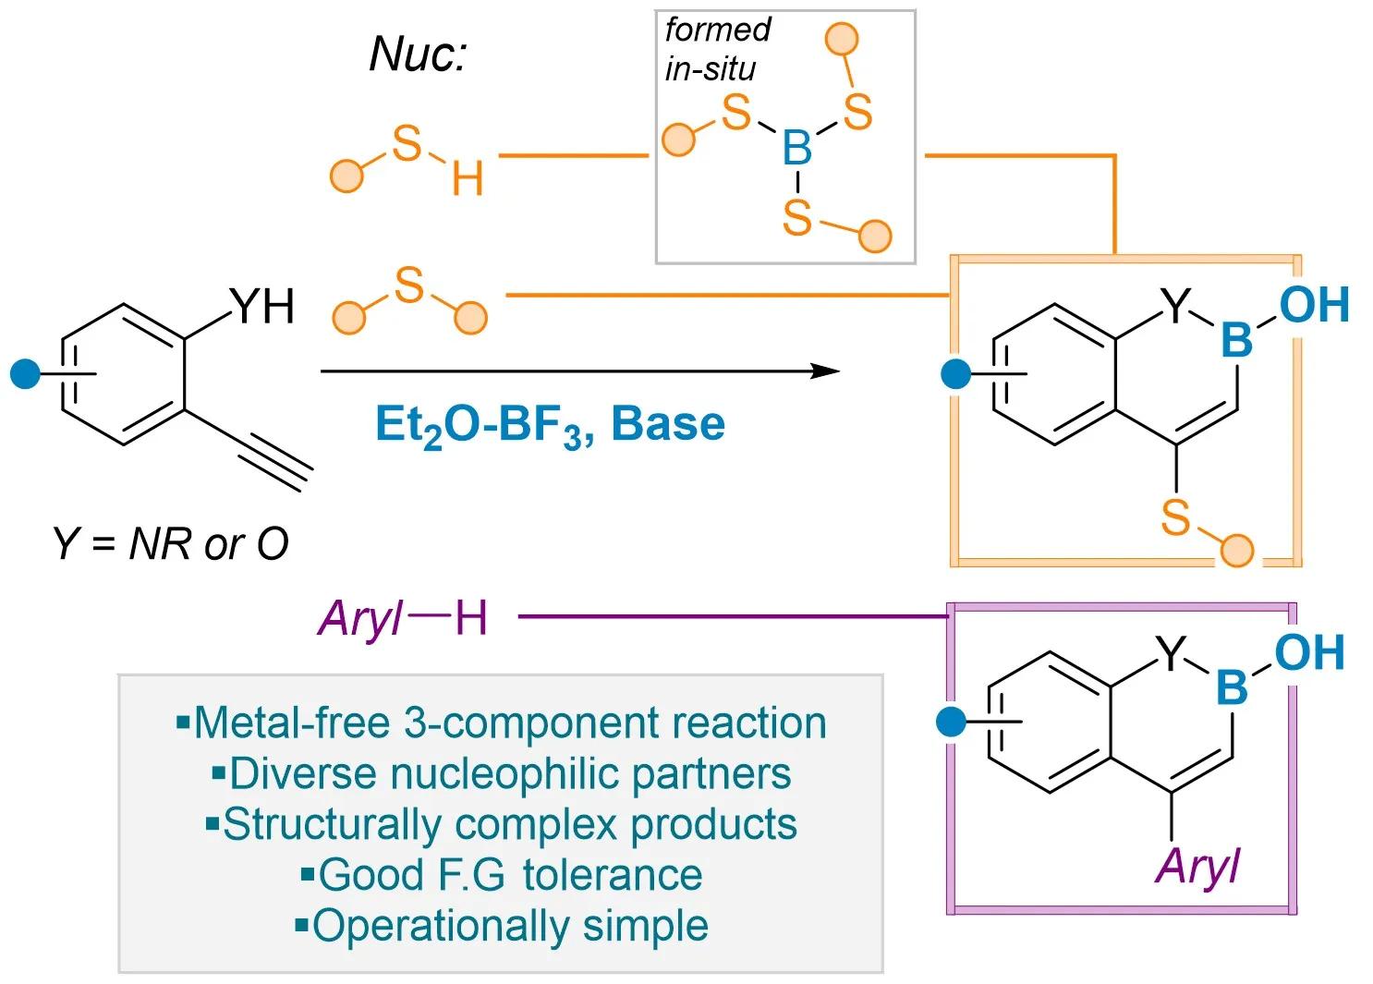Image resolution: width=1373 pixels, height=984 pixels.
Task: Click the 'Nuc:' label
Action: click(x=419, y=54)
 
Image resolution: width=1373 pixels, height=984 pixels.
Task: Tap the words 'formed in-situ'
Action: click(x=717, y=49)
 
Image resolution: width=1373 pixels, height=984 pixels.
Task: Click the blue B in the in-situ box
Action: click(x=796, y=148)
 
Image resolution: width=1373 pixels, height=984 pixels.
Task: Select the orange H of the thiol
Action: click(x=468, y=178)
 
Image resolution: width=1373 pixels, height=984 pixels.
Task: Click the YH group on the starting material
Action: click(x=262, y=306)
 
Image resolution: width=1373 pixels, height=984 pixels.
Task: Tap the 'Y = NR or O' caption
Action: click(x=170, y=543)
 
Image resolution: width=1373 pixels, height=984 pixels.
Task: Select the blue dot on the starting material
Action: click(x=25, y=373)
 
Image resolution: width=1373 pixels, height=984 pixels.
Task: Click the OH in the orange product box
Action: click(x=1314, y=304)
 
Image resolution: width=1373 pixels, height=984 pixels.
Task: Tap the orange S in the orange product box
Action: click(x=1175, y=516)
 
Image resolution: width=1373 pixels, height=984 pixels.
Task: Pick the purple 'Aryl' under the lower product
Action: click(x=1197, y=867)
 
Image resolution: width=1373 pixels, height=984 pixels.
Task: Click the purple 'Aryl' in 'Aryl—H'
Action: click(x=359, y=619)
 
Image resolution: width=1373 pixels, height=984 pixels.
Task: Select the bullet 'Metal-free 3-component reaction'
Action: click(x=502, y=723)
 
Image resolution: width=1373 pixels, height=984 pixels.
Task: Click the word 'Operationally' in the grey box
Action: click(x=442, y=927)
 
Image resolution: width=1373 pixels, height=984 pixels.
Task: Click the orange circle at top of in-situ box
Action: click(x=842, y=39)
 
